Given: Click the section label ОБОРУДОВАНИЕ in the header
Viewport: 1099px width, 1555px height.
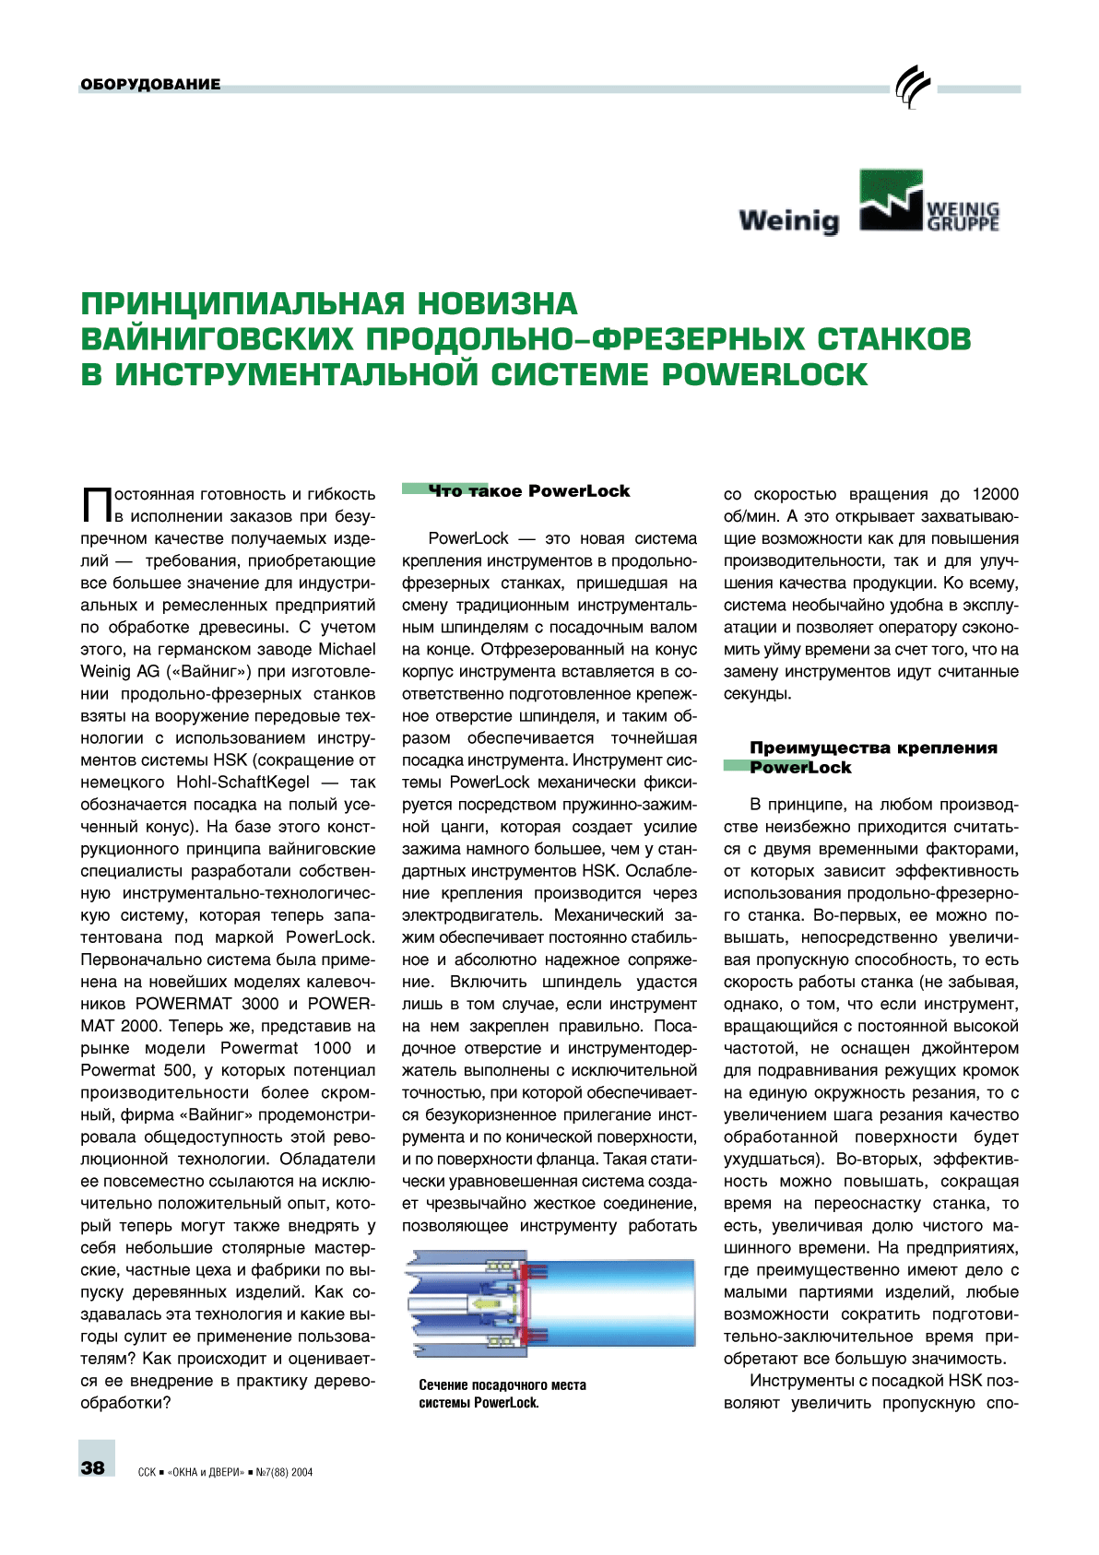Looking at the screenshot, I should (x=150, y=85).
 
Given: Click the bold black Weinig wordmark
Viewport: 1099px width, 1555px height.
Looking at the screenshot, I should (x=789, y=220).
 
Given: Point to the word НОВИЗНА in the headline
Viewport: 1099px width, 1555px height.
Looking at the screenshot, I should (x=498, y=303).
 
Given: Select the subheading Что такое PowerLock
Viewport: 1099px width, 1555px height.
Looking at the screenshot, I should (x=529, y=491).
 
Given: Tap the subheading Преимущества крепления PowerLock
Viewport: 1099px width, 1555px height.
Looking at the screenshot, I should (x=872, y=758).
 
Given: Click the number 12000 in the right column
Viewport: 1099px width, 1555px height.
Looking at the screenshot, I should (x=995, y=494).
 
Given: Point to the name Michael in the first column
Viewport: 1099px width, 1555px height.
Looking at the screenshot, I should (x=346, y=650).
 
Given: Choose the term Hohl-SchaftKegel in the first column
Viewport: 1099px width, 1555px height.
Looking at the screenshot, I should (x=243, y=783).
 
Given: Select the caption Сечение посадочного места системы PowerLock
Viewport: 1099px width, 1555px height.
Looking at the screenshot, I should (x=502, y=1394).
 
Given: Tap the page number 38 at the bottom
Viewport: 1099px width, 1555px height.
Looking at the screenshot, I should (x=93, y=1467).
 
